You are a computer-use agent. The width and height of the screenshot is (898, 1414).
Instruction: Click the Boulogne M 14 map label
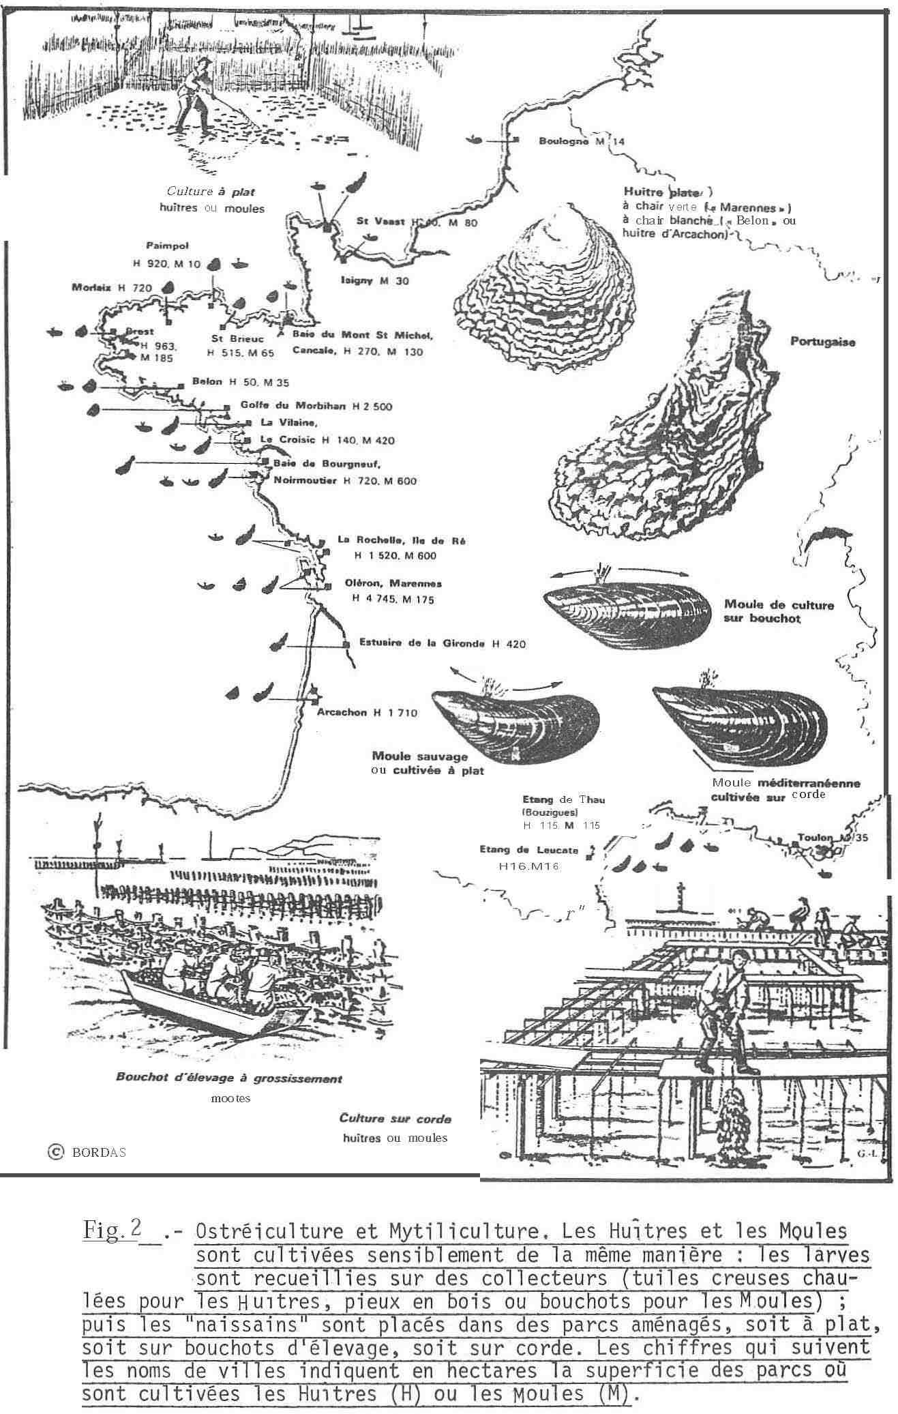pyautogui.click(x=581, y=142)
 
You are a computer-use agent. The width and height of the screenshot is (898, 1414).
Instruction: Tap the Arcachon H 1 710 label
pyautogui.click(x=367, y=713)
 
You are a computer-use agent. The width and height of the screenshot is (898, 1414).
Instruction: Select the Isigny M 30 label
pyautogui.click(x=374, y=281)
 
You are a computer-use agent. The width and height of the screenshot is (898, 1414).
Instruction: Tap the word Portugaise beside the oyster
pyautogui.click(x=822, y=342)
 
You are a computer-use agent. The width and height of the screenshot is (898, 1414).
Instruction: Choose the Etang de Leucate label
pyautogui.click(x=528, y=850)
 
